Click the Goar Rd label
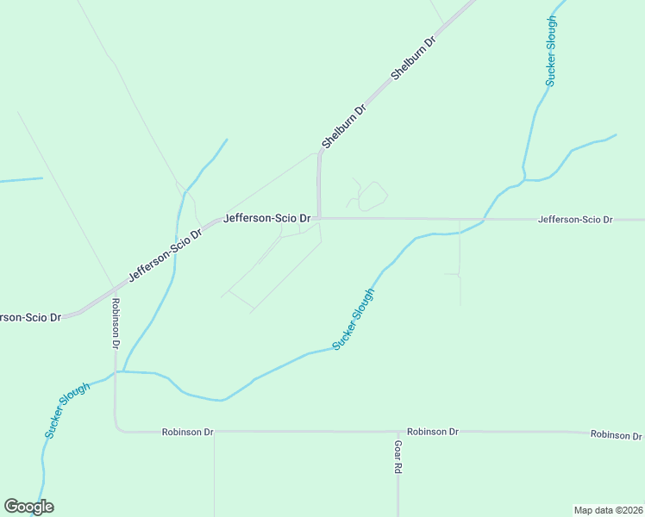[398, 458]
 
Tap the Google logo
[28, 507]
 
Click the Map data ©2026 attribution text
[608, 509]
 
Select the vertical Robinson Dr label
[115, 323]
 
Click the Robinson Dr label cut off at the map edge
[617, 435]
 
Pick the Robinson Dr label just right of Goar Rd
[433, 431]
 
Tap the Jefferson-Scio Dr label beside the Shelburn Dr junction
[266, 219]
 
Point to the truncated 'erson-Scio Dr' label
[31, 317]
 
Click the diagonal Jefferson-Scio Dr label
[165, 256]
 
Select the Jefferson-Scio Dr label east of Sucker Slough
[574, 220]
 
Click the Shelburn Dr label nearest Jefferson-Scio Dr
[344, 126]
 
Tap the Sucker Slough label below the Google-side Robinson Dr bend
[67, 411]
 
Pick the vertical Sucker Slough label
[552, 51]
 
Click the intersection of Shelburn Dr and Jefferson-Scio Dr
[319, 218]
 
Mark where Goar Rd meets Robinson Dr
[398, 431]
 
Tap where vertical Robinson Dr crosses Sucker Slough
[116, 371]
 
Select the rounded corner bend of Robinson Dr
[117, 427]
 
